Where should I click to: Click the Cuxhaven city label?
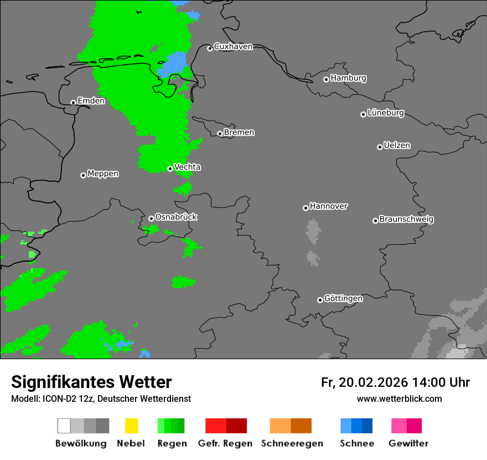point(233,47)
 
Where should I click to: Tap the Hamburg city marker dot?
point(326,79)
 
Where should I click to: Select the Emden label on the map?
point(91,101)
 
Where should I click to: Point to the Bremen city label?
point(239,132)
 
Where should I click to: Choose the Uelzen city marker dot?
point(380,147)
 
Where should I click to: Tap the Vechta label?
point(187,167)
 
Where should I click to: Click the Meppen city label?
point(103,174)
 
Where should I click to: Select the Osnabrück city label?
point(176,217)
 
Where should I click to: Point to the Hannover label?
point(328,206)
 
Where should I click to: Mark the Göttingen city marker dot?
point(320,300)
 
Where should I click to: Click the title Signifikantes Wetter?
point(91,382)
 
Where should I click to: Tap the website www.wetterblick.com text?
point(399,399)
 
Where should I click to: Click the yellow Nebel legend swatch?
point(131,426)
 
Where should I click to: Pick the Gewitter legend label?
point(408,443)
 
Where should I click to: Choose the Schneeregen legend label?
point(292,443)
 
